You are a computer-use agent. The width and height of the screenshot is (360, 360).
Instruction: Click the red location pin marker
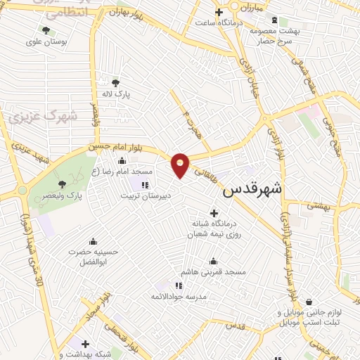click(181, 164)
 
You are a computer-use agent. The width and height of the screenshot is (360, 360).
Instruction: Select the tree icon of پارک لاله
click(116, 82)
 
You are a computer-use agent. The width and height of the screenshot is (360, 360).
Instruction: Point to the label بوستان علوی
click(46, 41)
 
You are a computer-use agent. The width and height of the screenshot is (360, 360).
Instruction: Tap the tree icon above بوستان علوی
click(46, 30)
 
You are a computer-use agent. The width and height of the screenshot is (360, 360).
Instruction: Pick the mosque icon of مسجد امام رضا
click(122, 161)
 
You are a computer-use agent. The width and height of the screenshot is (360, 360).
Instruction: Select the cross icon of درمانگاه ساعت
click(219, 12)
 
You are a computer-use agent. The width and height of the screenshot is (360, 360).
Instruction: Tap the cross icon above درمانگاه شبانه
click(214, 212)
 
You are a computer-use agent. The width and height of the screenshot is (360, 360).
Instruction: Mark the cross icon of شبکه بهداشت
click(85, 344)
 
